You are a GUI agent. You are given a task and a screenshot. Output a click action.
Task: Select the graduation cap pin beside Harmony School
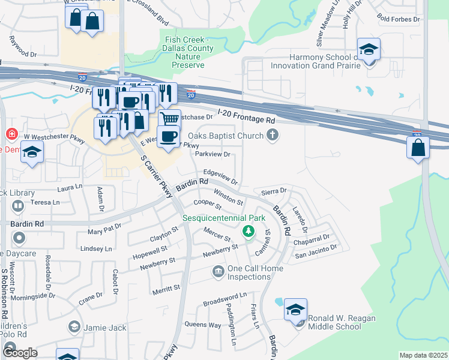(x=368, y=50)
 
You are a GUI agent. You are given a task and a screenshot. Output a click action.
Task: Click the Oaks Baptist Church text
(x=226, y=136)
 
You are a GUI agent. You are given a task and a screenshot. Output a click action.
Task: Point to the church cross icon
(x=273, y=136)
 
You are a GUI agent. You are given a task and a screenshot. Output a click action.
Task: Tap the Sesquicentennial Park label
(x=224, y=218)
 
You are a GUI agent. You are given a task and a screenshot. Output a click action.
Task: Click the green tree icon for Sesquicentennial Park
(x=247, y=231)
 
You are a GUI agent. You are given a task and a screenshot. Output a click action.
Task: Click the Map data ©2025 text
(x=423, y=355)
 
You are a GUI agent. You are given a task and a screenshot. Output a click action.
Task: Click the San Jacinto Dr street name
(x=315, y=247)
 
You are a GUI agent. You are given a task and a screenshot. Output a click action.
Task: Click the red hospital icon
(x=10, y=134)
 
